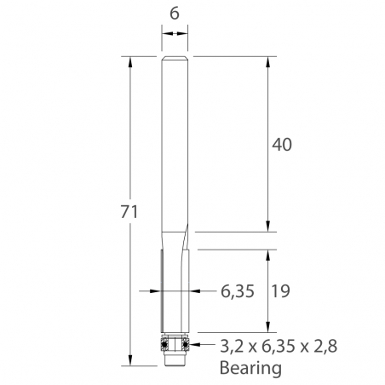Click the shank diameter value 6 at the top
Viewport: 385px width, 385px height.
click(x=175, y=14)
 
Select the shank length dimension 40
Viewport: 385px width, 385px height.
click(x=282, y=145)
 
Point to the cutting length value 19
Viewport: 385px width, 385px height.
click(x=282, y=291)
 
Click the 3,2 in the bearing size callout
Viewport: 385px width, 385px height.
click(x=231, y=347)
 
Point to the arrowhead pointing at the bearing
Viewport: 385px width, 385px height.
click(x=194, y=345)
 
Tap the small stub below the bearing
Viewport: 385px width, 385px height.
click(x=175, y=360)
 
